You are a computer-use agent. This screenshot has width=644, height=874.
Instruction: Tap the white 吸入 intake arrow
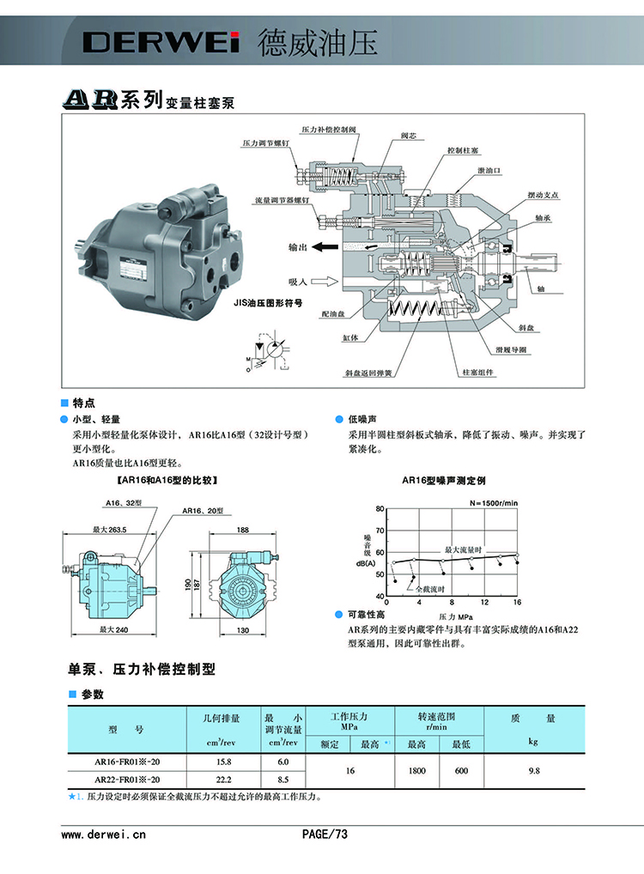pos(325,281)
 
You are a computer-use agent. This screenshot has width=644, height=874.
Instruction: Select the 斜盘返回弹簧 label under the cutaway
pos(368,373)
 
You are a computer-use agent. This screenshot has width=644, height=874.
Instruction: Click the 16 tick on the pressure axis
pos(517,603)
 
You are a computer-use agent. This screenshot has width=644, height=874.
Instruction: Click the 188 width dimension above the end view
pos(243,530)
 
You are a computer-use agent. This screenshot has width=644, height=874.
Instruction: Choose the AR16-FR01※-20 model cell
pos(127,761)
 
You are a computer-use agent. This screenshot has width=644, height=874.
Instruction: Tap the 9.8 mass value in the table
pos(533,770)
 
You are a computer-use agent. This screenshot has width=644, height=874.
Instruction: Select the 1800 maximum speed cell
pos(416,770)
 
